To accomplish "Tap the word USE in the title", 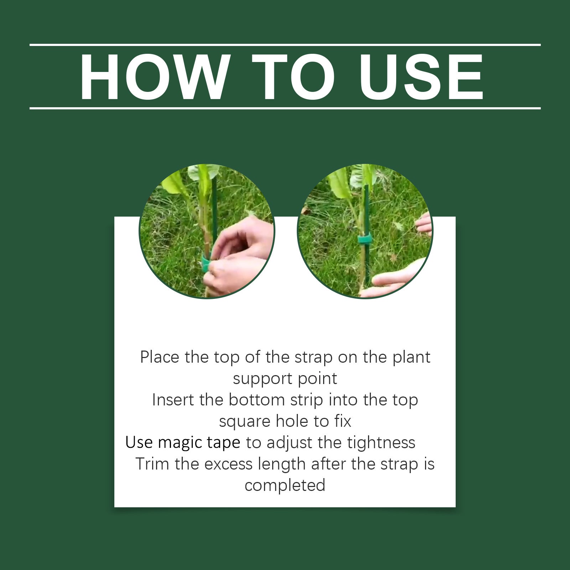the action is click(x=421, y=77).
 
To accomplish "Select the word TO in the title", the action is click(x=293, y=77).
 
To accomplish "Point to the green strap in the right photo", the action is click(x=364, y=238).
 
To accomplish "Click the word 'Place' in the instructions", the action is click(x=160, y=357).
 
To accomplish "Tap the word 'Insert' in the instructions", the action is click(x=173, y=400).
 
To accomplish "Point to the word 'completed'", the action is click(x=285, y=486).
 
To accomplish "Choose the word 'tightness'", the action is click(x=381, y=443).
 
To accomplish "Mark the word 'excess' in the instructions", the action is click(x=228, y=465).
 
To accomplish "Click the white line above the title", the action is click(x=285, y=45).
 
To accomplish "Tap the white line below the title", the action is click(x=285, y=108).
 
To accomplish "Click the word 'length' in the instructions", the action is click(x=282, y=465).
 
